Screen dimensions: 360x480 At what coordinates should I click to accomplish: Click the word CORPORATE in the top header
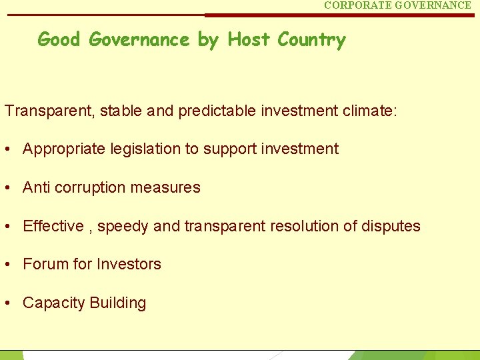[357, 5]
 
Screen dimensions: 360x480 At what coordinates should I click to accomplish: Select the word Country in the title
[311, 40]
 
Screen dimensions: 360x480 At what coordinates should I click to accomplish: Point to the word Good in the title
[59, 39]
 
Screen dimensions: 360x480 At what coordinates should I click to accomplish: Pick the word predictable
[217, 110]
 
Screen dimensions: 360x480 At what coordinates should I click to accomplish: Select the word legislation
[143, 149]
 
